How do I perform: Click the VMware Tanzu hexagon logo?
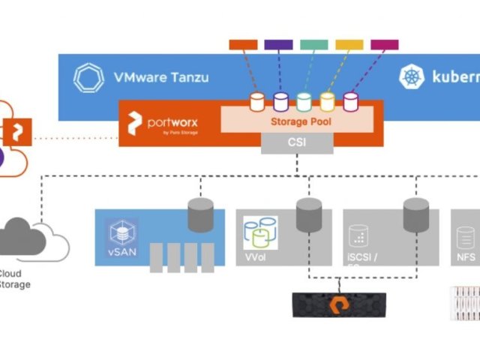(x=88, y=77)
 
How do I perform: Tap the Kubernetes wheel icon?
(x=412, y=76)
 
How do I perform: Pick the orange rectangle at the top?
(x=243, y=44)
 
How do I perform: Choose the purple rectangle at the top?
(x=278, y=44)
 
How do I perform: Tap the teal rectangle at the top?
(x=313, y=44)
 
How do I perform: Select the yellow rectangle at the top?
(x=349, y=44)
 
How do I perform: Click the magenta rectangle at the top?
(x=385, y=44)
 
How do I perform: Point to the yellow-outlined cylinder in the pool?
(x=327, y=101)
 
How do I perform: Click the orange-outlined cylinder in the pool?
(x=257, y=101)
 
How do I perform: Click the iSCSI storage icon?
(x=358, y=237)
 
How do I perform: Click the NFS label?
(x=466, y=256)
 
